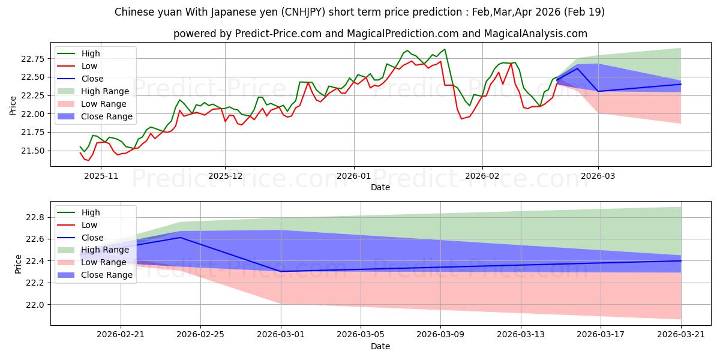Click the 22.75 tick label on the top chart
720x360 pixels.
(34, 59)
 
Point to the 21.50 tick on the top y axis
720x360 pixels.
(34, 151)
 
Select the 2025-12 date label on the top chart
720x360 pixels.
(225, 176)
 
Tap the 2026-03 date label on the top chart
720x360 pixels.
(598, 176)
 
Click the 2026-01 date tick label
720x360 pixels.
(354, 176)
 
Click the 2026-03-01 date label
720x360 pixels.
(281, 335)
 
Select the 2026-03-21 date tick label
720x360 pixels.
(681, 335)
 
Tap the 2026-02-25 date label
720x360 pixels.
(200, 335)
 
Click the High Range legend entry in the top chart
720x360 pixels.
(94, 91)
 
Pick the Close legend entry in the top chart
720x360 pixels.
(80, 79)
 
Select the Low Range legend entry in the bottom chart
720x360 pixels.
(92, 263)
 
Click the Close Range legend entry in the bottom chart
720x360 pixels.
(95, 275)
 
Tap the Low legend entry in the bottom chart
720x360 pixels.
(77, 226)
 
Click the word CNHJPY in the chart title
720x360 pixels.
(303, 12)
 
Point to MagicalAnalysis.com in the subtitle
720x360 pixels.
(535, 34)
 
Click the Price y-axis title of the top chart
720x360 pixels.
(13, 106)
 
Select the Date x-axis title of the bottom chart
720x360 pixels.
(380, 347)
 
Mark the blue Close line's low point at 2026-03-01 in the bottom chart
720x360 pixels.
(281, 272)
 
